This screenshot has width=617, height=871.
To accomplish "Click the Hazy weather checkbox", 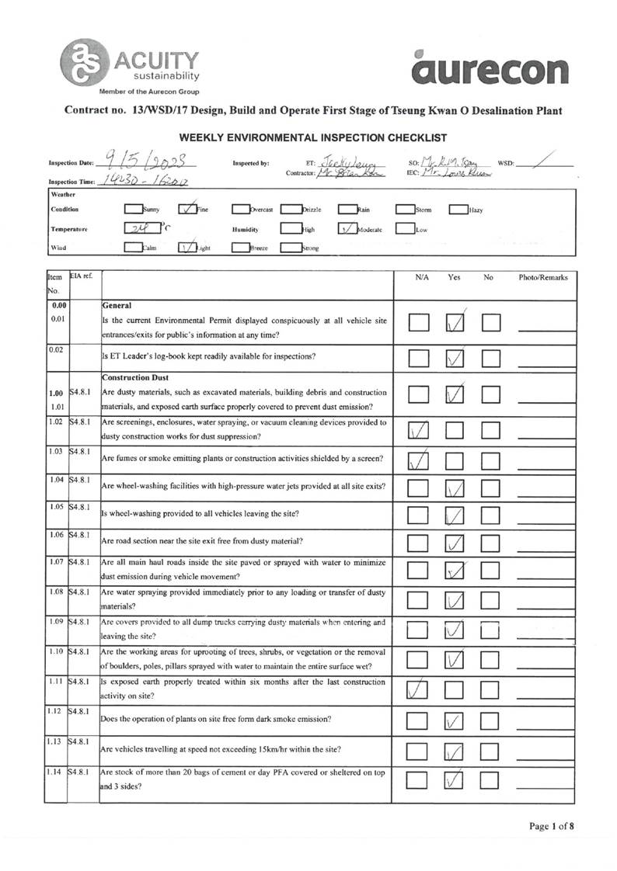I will click(458, 209).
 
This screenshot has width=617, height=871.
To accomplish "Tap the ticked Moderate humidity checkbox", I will click(347, 229).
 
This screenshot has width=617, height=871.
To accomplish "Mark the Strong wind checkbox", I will click(290, 248).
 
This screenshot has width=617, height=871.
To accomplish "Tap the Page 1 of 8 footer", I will click(552, 826).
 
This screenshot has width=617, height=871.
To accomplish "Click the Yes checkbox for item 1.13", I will click(455, 751).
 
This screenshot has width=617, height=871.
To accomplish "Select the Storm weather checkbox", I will click(405, 209).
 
